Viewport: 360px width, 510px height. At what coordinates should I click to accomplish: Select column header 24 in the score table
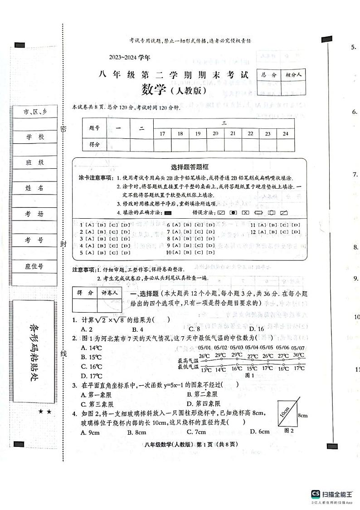pyautogui.click(x=285, y=133)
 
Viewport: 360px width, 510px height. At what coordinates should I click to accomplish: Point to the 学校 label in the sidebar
pyautogui.click(x=35, y=137)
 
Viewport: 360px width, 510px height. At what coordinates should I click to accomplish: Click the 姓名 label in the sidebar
pyautogui.click(x=35, y=188)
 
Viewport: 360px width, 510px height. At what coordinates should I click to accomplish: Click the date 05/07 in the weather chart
pyautogui.click(x=298, y=348)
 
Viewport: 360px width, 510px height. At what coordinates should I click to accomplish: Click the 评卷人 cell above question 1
pyautogui.click(x=109, y=293)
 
